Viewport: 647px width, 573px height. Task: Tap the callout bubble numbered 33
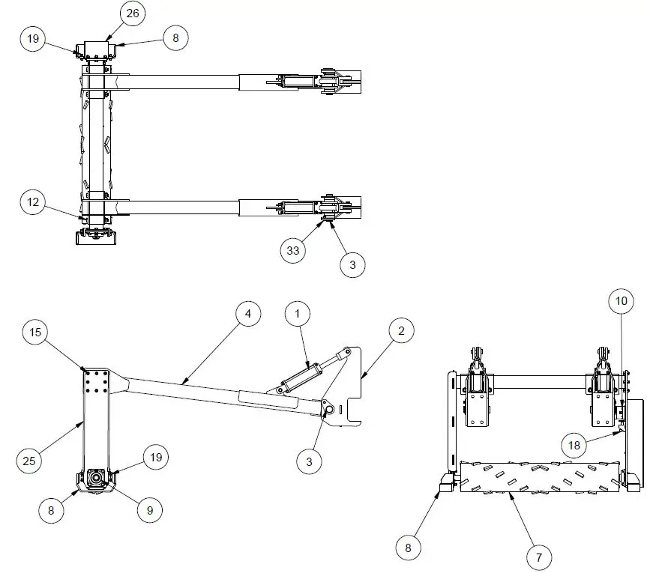(293, 250)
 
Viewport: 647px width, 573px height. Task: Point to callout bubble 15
(35, 330)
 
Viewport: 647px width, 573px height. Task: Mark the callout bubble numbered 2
(401, 330)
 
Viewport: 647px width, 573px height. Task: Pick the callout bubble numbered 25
(29, 461)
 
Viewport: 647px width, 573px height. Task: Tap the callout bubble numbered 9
(149, 510)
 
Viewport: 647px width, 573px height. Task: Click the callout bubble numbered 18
(574, 445)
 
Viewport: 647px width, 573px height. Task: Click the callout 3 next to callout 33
(352, 264)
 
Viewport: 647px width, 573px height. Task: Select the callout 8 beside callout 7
(409, 548)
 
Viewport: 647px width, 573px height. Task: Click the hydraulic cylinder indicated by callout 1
(298, 378)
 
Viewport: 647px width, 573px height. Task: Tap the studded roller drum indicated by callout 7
(540, 477)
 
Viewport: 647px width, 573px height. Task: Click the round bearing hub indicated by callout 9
(97, 477)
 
